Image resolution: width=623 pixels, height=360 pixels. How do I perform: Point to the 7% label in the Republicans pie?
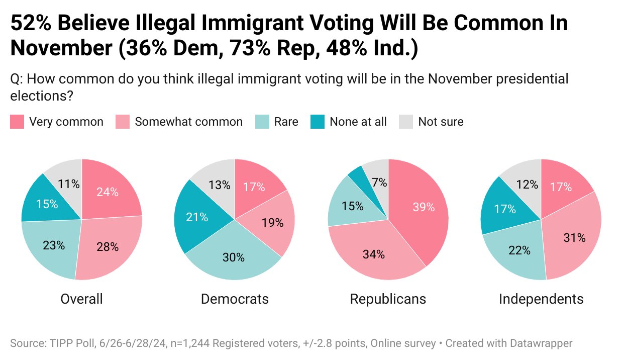pyautogui.click(x=379, y=183)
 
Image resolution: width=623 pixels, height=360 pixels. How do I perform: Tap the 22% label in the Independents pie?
pyautogui.click(x=519, y=250)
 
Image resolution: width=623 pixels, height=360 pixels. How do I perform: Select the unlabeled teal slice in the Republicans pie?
pyautogui.click(x=356, y=174)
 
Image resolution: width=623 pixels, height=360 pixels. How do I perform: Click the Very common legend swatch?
pyautogui.click(x=17, y=122)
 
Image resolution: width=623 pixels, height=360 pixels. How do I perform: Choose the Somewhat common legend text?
pyautogui.click(x=188, y=122)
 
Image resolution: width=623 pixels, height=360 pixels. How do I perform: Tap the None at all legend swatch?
pyautogui.click(x=318, y=122)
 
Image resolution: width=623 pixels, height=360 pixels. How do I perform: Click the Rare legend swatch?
pyautogui.click(x=262, y=122)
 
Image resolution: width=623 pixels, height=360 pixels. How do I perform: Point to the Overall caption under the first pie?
pyautogui.click(x=81, y=299)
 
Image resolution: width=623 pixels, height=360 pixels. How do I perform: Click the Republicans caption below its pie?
pyautogui.click(x=388, y=299)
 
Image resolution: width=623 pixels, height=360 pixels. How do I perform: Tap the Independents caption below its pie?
pyautogui.click(x=541, y=299)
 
